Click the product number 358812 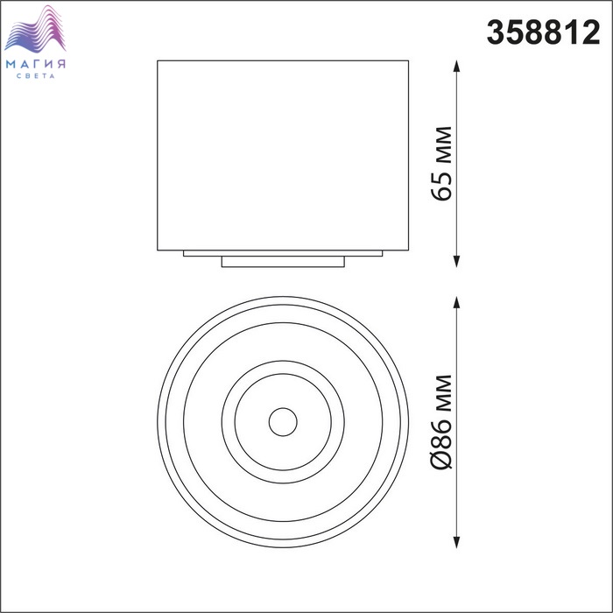tap(543, 33)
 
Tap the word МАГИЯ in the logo tap(36, 64)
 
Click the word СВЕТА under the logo tap(36, 76)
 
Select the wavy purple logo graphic tap(35, 29)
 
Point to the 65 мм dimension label tap(442, 164)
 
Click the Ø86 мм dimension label tap(442, 421)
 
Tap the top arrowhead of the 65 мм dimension tap(456, 66)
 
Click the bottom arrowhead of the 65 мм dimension tap(456, 262)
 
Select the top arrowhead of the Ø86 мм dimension tap(456, 302)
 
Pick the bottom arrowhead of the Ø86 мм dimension tap(456, 542)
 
